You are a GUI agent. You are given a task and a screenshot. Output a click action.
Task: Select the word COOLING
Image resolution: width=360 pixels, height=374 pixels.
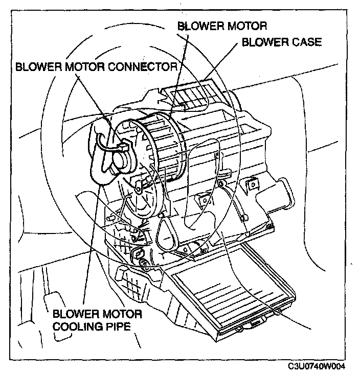pos(78,325)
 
